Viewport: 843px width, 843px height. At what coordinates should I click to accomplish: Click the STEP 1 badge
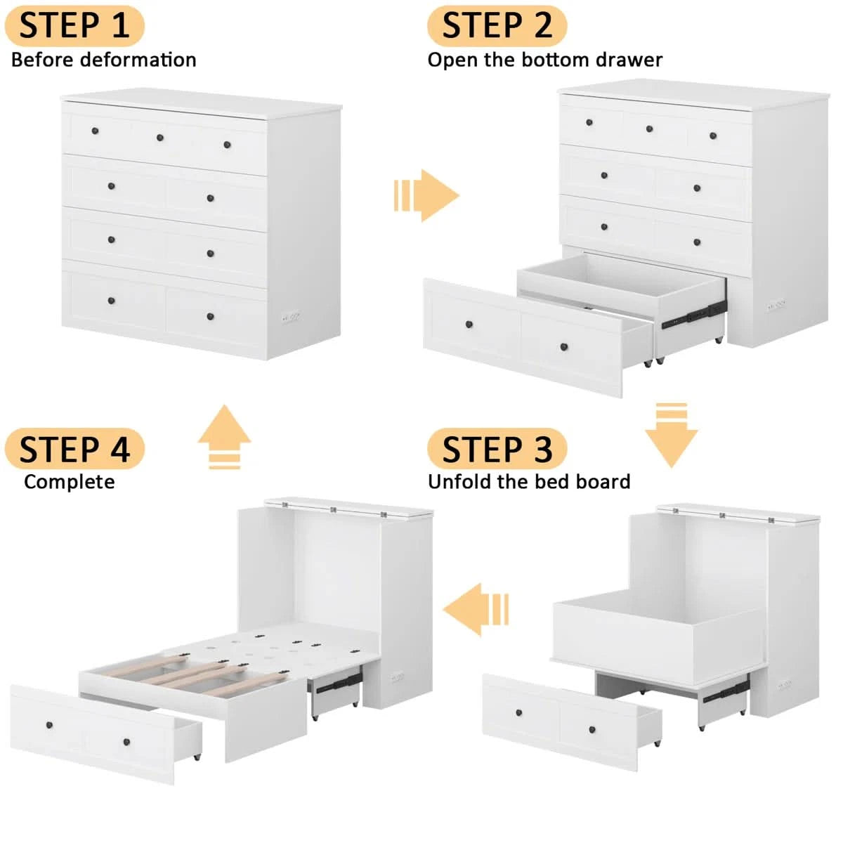point(74,25)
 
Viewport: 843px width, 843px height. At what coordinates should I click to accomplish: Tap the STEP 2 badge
point(497,25)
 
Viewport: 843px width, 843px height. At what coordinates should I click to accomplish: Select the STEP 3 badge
point(497,449)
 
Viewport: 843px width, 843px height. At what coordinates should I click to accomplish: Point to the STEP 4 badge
point(74,449)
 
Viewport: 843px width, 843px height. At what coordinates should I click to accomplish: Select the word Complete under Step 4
point(70,482)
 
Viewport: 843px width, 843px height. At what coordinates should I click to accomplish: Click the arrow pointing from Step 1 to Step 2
point(426,195)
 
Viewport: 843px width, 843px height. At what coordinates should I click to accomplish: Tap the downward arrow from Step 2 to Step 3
point(672,435)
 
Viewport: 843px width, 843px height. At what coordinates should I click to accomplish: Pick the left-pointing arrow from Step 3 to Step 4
point(476,609)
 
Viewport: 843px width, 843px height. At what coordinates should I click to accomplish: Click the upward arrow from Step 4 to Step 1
point(224,436)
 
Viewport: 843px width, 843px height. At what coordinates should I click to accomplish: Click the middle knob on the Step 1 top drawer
point(160,138)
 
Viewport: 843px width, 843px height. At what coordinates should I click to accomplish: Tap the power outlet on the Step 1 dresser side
point(290,317)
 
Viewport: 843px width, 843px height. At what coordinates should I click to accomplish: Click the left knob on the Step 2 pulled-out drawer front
point(469,325)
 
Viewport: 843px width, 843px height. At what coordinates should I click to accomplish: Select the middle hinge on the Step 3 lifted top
point(722,516)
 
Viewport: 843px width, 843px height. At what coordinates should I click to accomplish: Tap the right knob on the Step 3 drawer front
point(592,730)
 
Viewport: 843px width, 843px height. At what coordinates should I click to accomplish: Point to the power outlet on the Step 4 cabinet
point(398,679)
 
